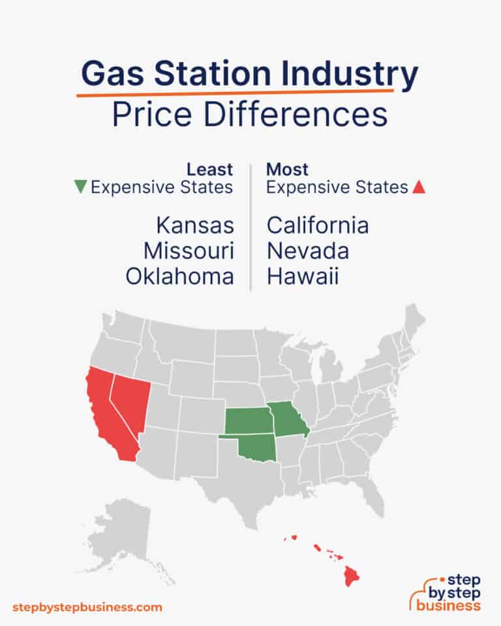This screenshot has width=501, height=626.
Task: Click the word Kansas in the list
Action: point(194,226)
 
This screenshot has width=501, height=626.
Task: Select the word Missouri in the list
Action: point(189,251)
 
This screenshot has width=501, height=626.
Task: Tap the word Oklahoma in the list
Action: point(179,276)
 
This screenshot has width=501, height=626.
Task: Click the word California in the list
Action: point(318,226)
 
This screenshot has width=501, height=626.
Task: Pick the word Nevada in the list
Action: point(307,251)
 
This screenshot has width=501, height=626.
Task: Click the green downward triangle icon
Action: point(80,188)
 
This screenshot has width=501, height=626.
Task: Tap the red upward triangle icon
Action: point(419,188)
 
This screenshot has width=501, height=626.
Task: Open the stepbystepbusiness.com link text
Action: point(87,607)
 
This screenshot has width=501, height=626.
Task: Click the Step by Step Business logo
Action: point(445,591)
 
